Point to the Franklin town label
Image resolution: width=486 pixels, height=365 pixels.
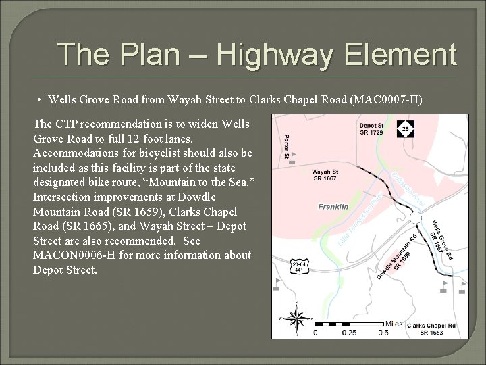click(x=333, y=206)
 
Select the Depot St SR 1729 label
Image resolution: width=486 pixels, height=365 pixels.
click(x=371, y=129)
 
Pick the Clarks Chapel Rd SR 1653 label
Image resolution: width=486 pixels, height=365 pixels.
click(x=432, y=329)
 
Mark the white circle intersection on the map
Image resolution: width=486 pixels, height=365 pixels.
click(x=416, y=218)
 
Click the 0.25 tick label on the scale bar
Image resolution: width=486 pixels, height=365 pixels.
click(x=348, y=333)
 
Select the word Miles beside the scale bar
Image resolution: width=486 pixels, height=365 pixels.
click(x=394, y=324)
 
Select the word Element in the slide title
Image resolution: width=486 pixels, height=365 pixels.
click(x=391, y=53)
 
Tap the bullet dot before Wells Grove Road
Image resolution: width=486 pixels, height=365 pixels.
click(x=40, y=101)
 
